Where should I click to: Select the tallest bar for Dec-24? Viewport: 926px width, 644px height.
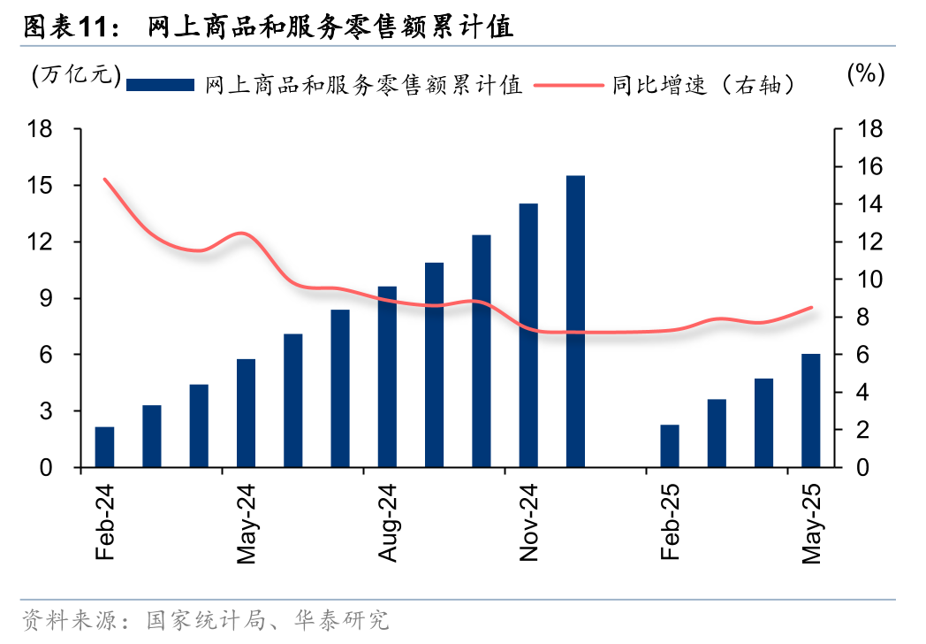[x=575, y=321]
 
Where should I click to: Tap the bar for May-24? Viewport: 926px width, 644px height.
[x=246, y=413]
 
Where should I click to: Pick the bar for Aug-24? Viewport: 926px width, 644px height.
[x=387, y=377]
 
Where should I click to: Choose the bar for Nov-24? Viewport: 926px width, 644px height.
[x=528, y=335]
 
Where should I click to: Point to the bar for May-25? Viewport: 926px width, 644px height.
[x=811, y=410]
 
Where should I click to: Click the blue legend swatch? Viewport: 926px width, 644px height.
[x=160, y=85]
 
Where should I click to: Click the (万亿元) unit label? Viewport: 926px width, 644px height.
[x=74, y=75]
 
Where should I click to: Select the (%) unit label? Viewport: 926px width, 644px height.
[x=865, y=74]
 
